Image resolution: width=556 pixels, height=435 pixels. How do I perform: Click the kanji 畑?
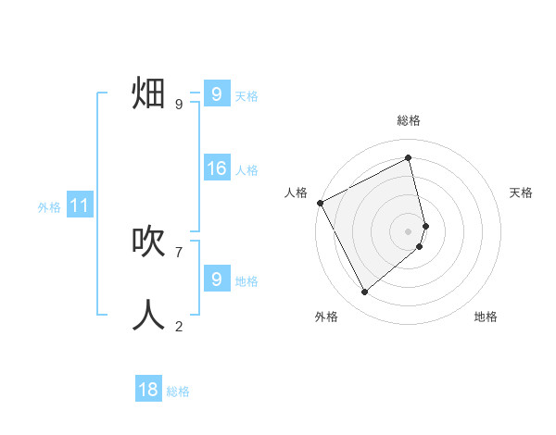click(148, 94)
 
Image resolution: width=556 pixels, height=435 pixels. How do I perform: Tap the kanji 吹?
click(148, 242)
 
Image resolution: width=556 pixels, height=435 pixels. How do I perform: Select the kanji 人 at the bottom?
click(148, 315)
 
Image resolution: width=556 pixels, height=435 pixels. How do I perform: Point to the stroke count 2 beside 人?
click(178, 326)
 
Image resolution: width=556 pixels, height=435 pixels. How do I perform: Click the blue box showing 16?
click(216, 168)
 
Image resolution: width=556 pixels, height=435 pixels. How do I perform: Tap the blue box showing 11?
click(79, 205)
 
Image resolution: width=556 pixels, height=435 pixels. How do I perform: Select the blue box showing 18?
click(148, 390)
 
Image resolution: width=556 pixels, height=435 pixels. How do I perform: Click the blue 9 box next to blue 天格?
click(216, 94)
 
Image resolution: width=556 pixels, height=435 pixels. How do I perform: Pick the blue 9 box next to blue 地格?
click(216, 280)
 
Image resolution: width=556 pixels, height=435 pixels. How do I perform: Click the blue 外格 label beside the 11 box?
click(49, 207)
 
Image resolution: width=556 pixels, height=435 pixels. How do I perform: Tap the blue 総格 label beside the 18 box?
click(178, 391)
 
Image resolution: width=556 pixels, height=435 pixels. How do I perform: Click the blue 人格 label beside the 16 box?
click(246, 170)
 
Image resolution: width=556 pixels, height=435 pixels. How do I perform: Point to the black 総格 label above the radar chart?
click(409, 120)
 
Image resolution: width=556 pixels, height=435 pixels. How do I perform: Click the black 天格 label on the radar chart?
click(522, 193)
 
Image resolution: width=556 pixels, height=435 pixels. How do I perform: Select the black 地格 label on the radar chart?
click(486, 317)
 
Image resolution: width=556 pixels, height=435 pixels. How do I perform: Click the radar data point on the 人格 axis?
click(320, 203)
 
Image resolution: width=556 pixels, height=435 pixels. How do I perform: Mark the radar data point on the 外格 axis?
click(364, 292)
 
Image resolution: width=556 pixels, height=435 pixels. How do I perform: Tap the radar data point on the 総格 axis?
click(409, 157)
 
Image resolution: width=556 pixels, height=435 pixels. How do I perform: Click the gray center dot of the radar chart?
click(409, 231)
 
